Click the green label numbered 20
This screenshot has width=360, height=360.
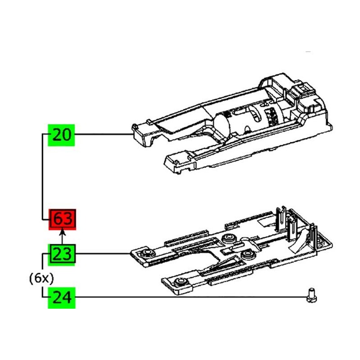coord(61,135)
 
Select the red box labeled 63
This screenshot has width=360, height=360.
coord(62,219)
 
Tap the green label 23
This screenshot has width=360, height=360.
coord(62,255)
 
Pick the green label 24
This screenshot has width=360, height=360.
coord(62,298)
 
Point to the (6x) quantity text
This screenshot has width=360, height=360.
coord(41,279)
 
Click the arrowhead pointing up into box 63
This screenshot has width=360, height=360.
coord(62,233)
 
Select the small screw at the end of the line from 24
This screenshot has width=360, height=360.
coord(311,296)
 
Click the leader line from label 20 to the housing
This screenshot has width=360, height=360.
coord(104,134)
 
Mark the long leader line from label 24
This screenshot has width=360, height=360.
coord(191,297)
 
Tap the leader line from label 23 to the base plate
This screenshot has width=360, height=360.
coord(103,254)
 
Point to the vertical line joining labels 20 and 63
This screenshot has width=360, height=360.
coord(43,177)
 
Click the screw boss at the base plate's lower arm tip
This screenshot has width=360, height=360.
coord(180,282)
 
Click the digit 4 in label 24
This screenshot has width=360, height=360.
coord(67,297)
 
